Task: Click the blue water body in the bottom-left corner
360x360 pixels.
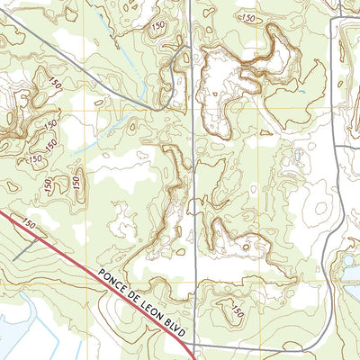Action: (18, 324)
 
